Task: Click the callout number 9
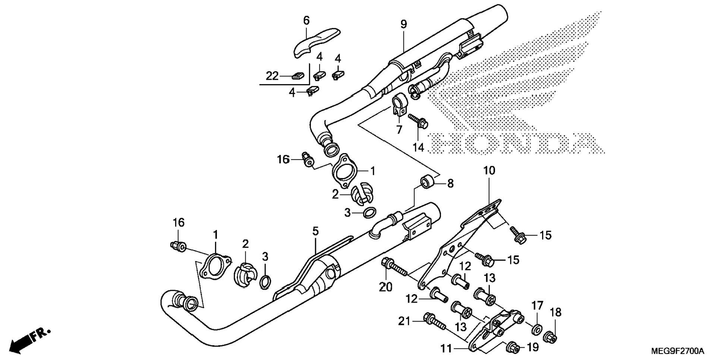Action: pyautogui.click(x=403, y=25)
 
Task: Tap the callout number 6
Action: pyautogui.click(x=306, y=20)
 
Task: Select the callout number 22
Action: pyautogui.click(x=272, y=76)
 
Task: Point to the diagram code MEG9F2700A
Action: pyautogui.click(x=677, y=351)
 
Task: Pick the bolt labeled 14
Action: pyautogui.click(x=419, y=121)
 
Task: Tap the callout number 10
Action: pyautogui.click(x=489, y=171)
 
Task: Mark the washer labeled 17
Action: pyautogui.click(x=537, y=329)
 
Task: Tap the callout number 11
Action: pyautogui.click(x=446, y=349)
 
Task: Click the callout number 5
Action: pyautogui.click(x=315, y=231)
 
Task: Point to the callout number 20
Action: pyautogui.click(x=386, y=287)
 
